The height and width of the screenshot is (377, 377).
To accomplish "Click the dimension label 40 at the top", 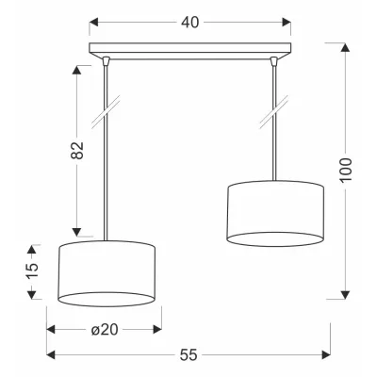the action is pos(190,23).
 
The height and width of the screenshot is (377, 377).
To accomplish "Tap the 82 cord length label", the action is pos(77,150).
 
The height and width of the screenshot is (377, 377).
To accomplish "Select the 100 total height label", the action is pos(346,170).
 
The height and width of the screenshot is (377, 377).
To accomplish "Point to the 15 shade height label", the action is pos(32,270).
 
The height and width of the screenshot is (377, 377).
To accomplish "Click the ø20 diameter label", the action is pos(105,330).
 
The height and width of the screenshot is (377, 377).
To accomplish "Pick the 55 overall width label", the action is pos(188,355).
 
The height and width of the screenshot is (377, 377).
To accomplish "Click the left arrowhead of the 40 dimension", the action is pos(93,23).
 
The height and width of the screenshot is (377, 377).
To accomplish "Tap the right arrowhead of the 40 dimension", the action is pos(287,23).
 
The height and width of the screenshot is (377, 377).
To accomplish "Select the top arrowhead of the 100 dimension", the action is pos(345,48).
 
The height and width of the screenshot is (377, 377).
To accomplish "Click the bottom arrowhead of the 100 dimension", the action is pos(345,295).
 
